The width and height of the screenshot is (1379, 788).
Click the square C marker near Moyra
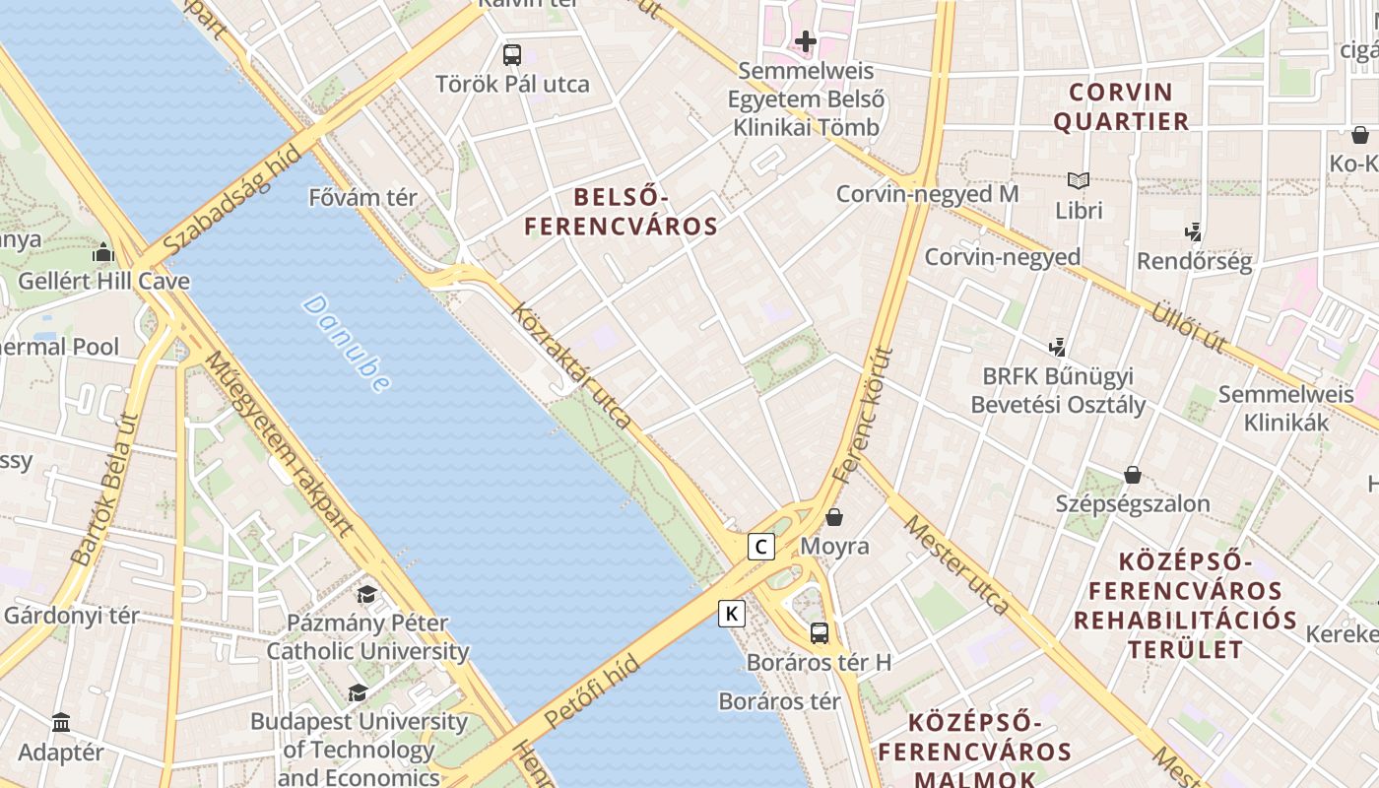point(760,546)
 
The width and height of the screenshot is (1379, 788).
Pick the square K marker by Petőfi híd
point(731,614)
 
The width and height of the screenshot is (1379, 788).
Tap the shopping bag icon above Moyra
point(834,516)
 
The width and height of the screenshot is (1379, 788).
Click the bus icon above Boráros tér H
point(819,632)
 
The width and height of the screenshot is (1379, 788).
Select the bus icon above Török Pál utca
point(512,55)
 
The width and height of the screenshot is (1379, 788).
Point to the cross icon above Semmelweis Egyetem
point(806,41)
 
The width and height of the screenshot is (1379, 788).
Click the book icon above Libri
point(1079,180)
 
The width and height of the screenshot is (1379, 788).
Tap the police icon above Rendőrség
point(1194,231)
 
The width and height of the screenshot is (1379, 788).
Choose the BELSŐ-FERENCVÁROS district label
point(621,213)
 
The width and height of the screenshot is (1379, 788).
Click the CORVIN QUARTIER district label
point(1121,107)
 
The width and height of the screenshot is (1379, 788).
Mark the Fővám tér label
point(362,197)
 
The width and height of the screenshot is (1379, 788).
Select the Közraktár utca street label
point(571,365)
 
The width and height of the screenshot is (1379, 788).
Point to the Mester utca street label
point(956,564)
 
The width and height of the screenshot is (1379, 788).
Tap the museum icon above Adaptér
point(61,722)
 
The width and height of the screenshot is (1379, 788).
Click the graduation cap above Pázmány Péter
point(366,593)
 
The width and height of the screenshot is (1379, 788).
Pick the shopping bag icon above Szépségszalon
point(1133,475)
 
